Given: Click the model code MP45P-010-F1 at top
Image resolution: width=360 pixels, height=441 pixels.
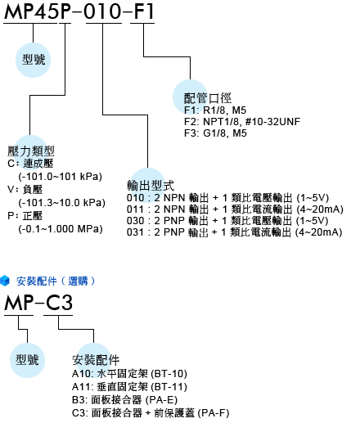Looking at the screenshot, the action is (x=79, y=11).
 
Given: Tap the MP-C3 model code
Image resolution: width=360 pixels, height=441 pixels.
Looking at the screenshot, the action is (x=38, y=303).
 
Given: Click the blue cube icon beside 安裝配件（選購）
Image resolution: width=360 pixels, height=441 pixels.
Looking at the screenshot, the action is (x=5, y=281).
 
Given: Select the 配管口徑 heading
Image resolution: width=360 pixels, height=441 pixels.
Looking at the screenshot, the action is (x=208, y=98).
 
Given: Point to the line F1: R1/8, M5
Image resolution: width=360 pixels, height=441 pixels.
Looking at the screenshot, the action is (x=215, y=110).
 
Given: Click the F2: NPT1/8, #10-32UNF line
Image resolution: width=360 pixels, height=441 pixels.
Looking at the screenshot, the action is (x=242, y=121).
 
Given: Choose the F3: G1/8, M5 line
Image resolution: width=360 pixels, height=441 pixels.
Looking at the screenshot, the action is (x=215, y=133).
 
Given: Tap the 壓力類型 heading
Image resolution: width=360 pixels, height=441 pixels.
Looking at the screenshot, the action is (x=31, y=151).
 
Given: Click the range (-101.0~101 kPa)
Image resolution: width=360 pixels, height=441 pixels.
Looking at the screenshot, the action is (x=61, y=177).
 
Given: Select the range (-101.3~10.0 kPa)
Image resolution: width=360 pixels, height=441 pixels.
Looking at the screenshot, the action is (x=62, y=203).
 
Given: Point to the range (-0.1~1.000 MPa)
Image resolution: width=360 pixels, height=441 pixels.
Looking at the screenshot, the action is (x=61, y=229).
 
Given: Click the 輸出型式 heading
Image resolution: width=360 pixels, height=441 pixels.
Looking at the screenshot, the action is (x=151, y=186).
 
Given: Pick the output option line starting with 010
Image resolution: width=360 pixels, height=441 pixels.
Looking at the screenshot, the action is (x=227, y=198).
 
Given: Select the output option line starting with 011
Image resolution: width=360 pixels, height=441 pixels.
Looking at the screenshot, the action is (x=235, y=209).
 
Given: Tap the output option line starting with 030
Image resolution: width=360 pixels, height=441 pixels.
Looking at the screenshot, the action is (x=227, y=221).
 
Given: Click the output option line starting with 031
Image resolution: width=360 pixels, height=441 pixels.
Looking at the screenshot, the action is (x=235, y=232).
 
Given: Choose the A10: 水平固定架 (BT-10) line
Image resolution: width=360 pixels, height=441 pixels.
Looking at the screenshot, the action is (x=129, y=374).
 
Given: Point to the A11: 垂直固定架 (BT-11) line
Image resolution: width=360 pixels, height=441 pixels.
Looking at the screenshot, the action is (x=129, y=387).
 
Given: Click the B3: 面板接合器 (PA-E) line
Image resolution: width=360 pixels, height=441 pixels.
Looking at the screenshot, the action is (x=125, y=400).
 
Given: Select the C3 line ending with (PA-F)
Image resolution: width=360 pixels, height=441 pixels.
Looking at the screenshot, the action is (x=151, y=413).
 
